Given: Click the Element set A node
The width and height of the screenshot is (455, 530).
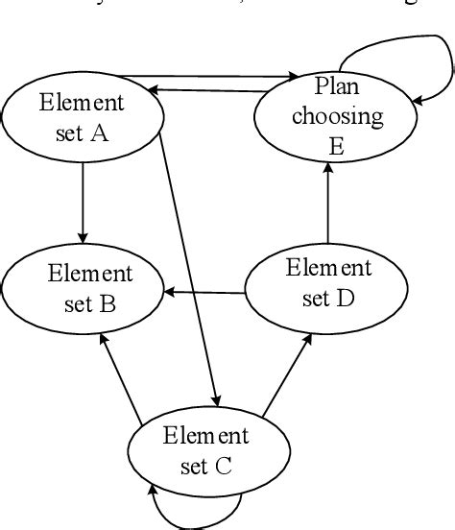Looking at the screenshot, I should point(82,117).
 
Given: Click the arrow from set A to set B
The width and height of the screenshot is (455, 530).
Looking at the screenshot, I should point(83,202).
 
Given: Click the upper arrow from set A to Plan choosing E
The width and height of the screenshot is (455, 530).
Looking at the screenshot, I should point(221,76).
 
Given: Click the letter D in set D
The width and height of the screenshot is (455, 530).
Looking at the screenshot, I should point(346,298).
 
